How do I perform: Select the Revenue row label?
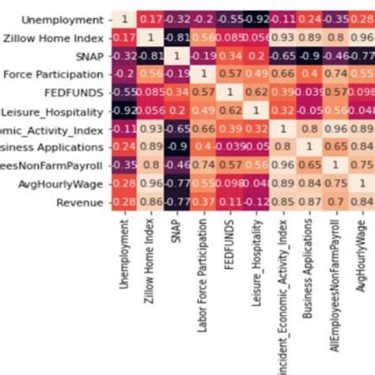point(78,203)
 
